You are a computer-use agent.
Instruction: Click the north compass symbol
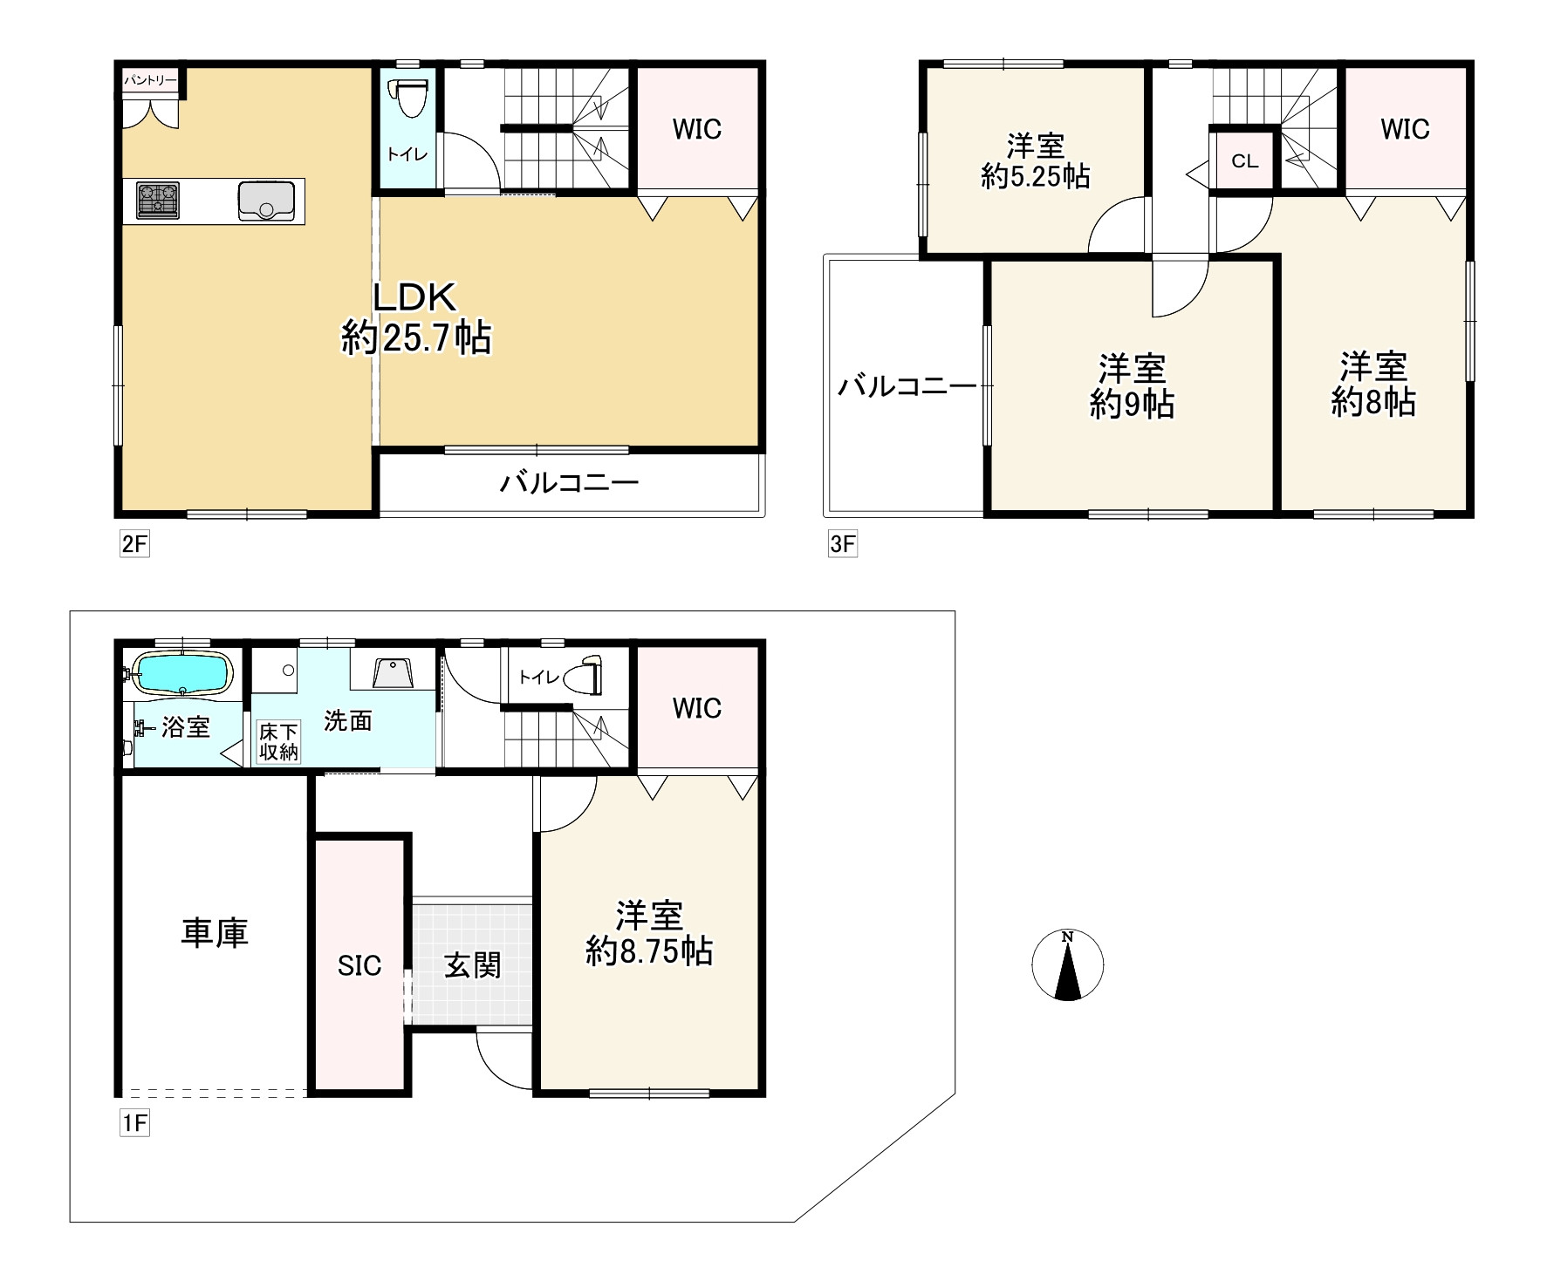(1067, 965)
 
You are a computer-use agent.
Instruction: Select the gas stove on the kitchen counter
(158, 201)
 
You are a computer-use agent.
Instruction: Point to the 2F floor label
(134, 544)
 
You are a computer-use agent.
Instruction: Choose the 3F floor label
(842, 544)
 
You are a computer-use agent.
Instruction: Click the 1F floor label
(134, 1123)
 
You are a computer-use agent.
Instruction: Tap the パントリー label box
(150, 81)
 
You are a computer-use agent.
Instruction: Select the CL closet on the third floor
(1245, 160)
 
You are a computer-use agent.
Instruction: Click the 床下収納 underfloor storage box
(278, 741)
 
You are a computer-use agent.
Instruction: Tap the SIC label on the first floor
(359, 965)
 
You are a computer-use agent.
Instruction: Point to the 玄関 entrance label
(472, 965)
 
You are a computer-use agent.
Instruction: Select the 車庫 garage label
(215, 932)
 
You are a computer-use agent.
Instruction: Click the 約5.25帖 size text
(1035, 176)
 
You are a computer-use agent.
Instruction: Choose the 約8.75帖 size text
(649, 951)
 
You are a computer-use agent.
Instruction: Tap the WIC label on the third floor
(1405, 129)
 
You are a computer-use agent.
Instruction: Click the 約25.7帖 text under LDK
(415, 337)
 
